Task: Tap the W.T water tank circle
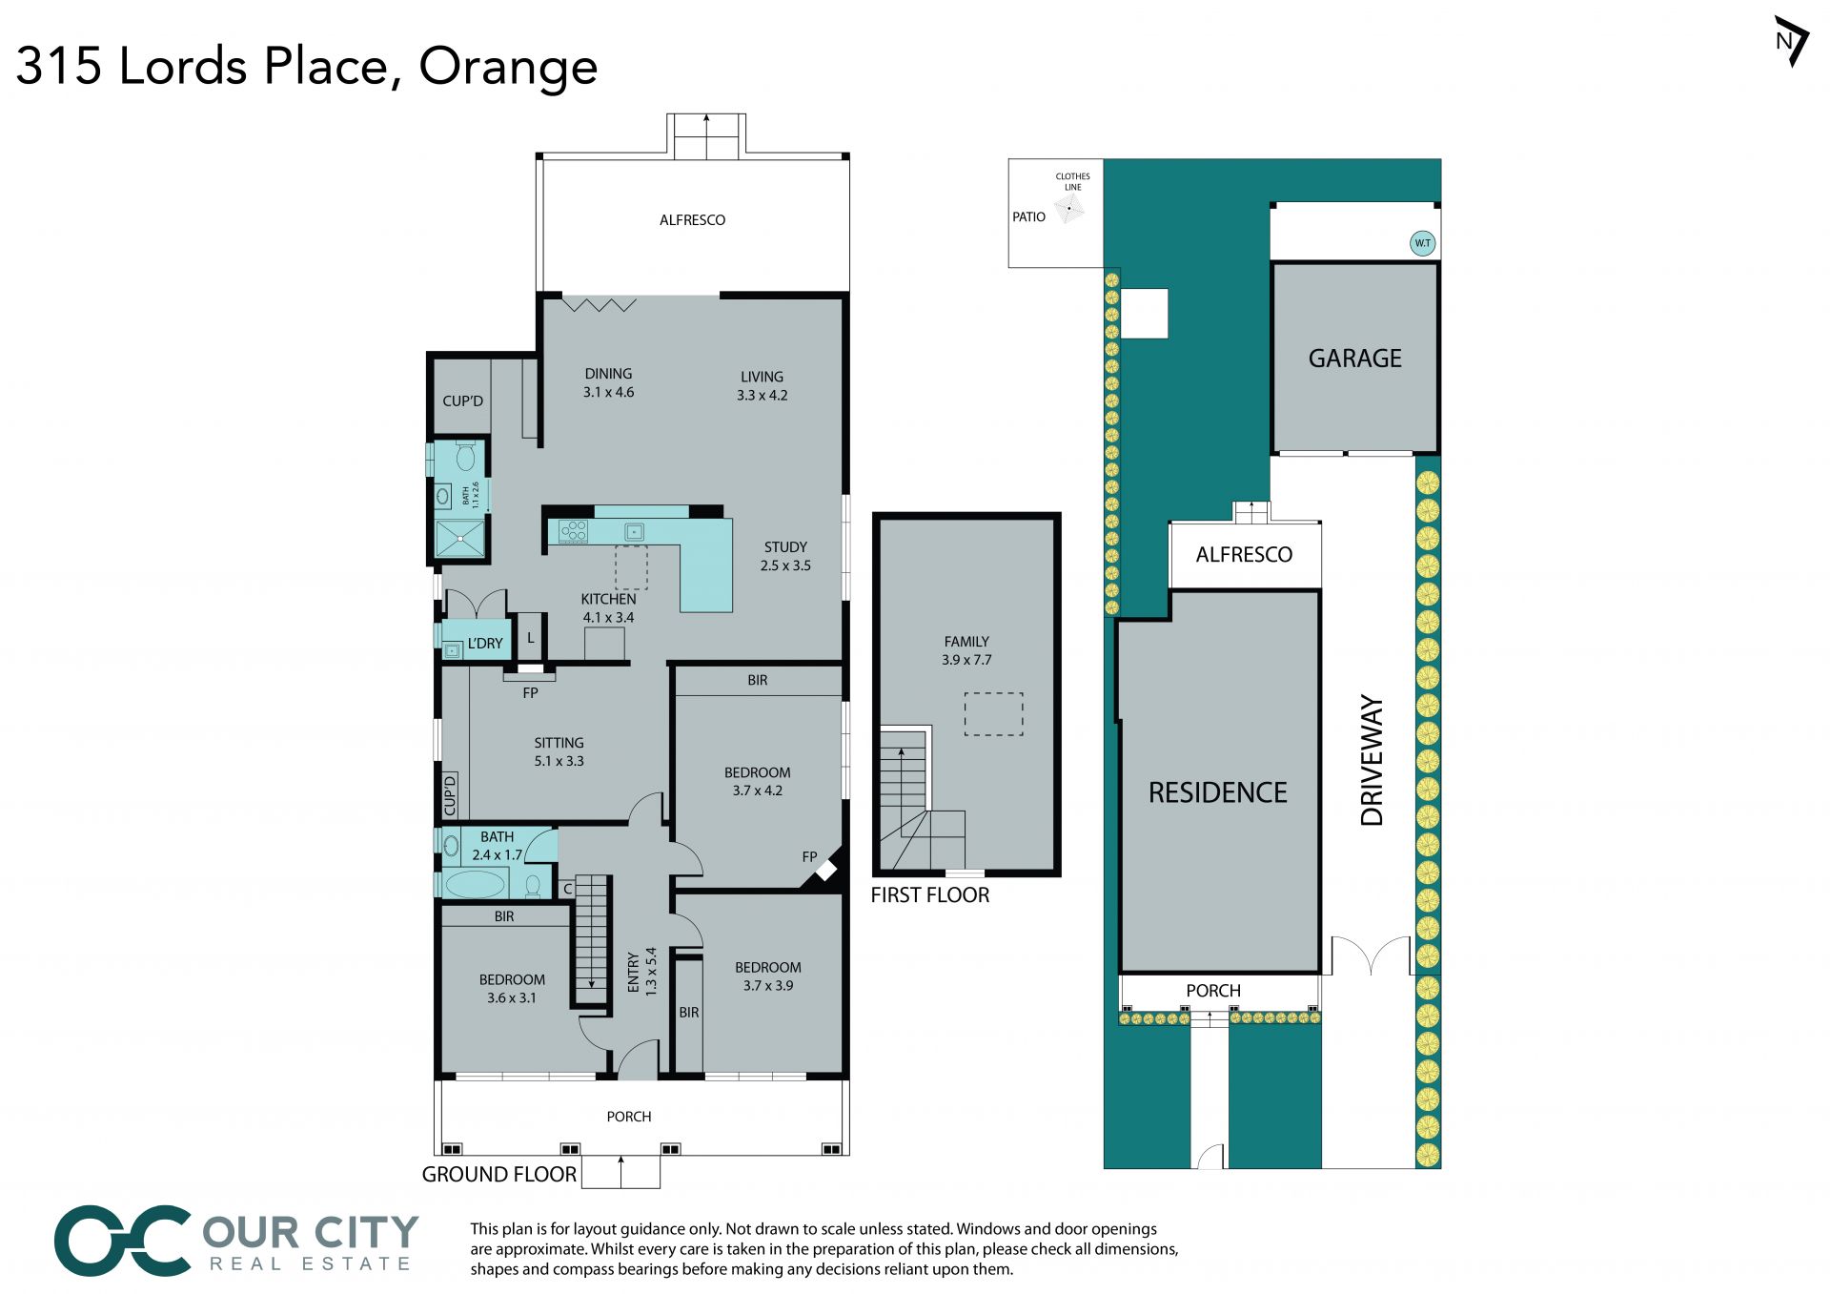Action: (x=1422, y=243)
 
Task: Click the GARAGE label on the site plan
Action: (x=1354, y=359)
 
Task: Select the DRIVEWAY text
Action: (x=1372, y=760)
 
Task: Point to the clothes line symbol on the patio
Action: (x=1069, y=208)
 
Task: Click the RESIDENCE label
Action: (x=1217, y=792)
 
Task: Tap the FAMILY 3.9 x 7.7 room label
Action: (x=966, y=650)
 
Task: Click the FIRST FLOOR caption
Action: (x=929, y=894)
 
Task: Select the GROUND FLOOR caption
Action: (x=499, y=1174)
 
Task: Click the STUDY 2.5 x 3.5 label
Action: (x=785, y=556)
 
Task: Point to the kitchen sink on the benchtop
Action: (x=634, y=531)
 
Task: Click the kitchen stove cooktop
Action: (x=573, y=531)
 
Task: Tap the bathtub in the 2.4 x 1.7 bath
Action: (x=475, y=884)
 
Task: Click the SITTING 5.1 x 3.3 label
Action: (x=559, y=751)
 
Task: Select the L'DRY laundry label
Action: (x=484, y=644)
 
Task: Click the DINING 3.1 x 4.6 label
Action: (x=608, y=382)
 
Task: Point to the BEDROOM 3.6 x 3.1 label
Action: (x=512, y=989)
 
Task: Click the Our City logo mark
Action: (x=123, y=1240)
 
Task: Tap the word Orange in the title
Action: (x=508, y=67)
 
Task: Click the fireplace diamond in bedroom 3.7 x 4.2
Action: (x=825, y=870)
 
